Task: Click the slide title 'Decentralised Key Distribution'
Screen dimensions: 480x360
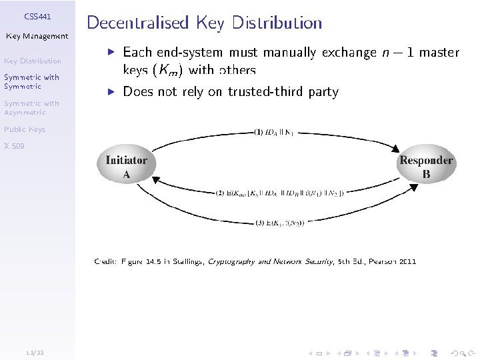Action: coord(204,23)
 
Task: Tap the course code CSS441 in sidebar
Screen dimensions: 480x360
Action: coord(37,15)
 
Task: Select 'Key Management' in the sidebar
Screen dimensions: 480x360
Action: coord(37,36)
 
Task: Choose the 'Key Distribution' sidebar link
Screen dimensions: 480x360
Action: coord(33,61)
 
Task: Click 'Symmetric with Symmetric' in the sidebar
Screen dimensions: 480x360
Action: coord(31,81)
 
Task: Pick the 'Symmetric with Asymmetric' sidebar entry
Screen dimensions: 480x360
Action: coord(31,107)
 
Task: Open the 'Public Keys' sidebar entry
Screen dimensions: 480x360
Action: coord(25,129)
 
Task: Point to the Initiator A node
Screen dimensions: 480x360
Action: coord(126,167)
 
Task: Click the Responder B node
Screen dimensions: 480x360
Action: coord(426,167)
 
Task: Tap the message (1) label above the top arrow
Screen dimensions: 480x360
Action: coord(274,133)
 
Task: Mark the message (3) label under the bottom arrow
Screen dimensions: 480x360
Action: coord(280,223)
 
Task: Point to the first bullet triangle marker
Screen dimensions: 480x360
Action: coord(112,51)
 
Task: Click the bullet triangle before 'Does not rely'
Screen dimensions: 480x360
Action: coord(112,91)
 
